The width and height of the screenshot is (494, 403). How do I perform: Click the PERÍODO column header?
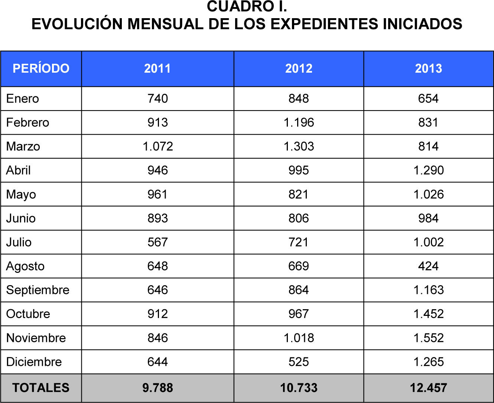point(41,69)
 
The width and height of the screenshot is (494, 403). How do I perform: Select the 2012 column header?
point(299,69)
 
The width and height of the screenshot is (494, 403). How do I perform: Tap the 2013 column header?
point(428,69)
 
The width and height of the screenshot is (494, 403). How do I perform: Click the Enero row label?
point(23,99)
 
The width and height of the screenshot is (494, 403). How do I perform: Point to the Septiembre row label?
point(38,290)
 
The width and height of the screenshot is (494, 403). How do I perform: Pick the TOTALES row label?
point(41,388)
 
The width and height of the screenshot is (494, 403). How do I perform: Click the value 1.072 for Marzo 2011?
point(158,146)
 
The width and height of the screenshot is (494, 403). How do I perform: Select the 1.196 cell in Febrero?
point(299,122)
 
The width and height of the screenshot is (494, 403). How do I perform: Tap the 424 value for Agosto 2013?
point(428,266)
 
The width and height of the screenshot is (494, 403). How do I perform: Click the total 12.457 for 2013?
point(428,388)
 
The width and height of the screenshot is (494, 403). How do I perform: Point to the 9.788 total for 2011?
point(158,388)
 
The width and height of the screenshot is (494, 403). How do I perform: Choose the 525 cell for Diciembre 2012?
point(299,362)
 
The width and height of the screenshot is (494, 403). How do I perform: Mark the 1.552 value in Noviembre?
point(428,338)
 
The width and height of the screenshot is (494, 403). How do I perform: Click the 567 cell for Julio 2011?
point(158,242)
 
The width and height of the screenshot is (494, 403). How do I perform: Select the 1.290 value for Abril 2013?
point(428,170)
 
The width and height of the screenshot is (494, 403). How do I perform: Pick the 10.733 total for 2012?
point(299,388)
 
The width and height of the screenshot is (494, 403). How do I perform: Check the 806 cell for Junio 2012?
point(299,218)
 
